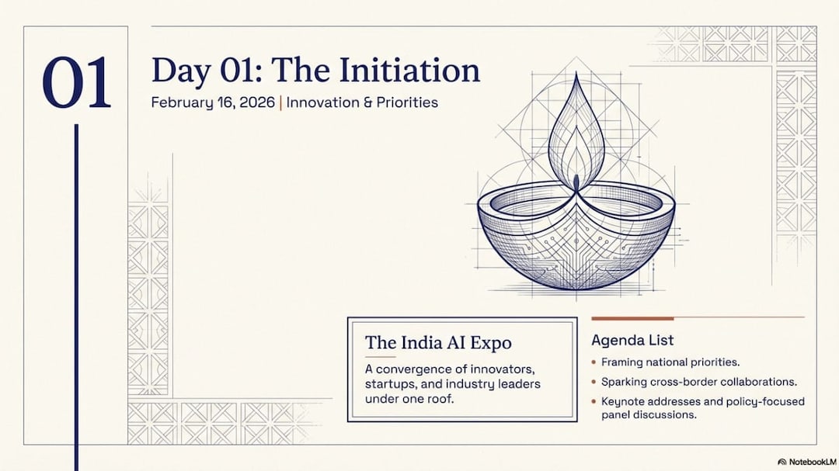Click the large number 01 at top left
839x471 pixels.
pos(76,83)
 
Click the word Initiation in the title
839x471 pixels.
pos(409,70)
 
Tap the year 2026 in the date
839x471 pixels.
pos(257,102)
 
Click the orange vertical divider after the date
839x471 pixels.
pos(280,102)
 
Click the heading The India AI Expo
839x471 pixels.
pos(438,343)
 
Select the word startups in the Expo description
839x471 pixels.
pos(388,384)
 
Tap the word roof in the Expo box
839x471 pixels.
pos(440,398)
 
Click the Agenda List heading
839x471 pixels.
pos(632,340)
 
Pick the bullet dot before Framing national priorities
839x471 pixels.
pos(594,362)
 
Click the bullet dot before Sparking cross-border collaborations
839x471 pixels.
pos(594,382)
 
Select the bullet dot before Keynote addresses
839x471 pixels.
pos(594,401)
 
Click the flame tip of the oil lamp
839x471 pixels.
pos(576,74)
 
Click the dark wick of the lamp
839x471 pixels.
pos(576,182)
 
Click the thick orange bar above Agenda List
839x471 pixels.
pos(632,319)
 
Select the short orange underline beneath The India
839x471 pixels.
pos(380,357)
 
